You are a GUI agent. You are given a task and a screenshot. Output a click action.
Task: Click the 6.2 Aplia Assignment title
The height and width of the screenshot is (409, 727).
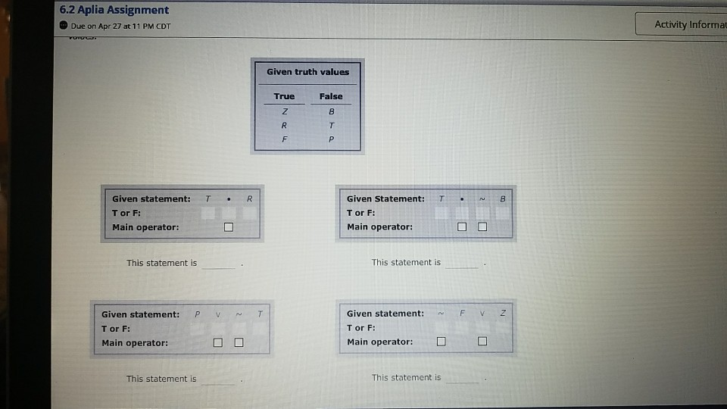(x=114, y=10)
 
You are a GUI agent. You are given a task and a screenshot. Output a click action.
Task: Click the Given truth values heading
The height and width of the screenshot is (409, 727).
(x=307, y=72)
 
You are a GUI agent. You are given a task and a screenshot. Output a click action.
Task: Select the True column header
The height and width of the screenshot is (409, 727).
(x=284, y=96)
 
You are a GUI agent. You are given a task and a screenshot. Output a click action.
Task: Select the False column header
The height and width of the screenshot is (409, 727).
(x=331, y=96)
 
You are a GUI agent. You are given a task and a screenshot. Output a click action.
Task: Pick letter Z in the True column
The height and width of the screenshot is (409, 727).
(x=284, y=111)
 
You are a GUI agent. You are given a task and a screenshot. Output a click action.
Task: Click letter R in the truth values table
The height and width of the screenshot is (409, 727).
(x=284, y=125)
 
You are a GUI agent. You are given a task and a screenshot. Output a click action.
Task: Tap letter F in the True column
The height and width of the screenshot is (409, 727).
(x=284, y=139)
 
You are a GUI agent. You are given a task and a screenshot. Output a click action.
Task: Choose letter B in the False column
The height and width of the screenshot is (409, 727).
(x=331, y=111)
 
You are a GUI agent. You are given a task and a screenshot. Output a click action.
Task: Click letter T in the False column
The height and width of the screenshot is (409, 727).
(x=331, y=125)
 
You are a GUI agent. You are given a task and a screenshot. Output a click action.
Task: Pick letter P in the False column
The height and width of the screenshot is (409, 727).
(x=331, y=139)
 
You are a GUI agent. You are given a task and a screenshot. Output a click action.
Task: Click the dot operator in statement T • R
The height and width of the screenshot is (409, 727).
(x=228, y=199)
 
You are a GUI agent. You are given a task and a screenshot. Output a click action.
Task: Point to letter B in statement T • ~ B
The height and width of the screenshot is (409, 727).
(x=502, y=199)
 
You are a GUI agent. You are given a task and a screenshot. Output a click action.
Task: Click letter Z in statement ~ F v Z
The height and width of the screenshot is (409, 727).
(x=502, y=314)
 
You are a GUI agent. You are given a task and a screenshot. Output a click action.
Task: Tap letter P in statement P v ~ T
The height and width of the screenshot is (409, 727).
(x=196, y=314)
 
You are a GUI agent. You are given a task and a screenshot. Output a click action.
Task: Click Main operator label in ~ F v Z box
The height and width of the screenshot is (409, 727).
(x=379, y=342)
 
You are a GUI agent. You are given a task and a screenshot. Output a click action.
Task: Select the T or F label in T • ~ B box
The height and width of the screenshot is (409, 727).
(x=360, y=213)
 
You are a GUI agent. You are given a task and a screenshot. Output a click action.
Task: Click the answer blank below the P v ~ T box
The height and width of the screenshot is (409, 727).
(x=219, y=380)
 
